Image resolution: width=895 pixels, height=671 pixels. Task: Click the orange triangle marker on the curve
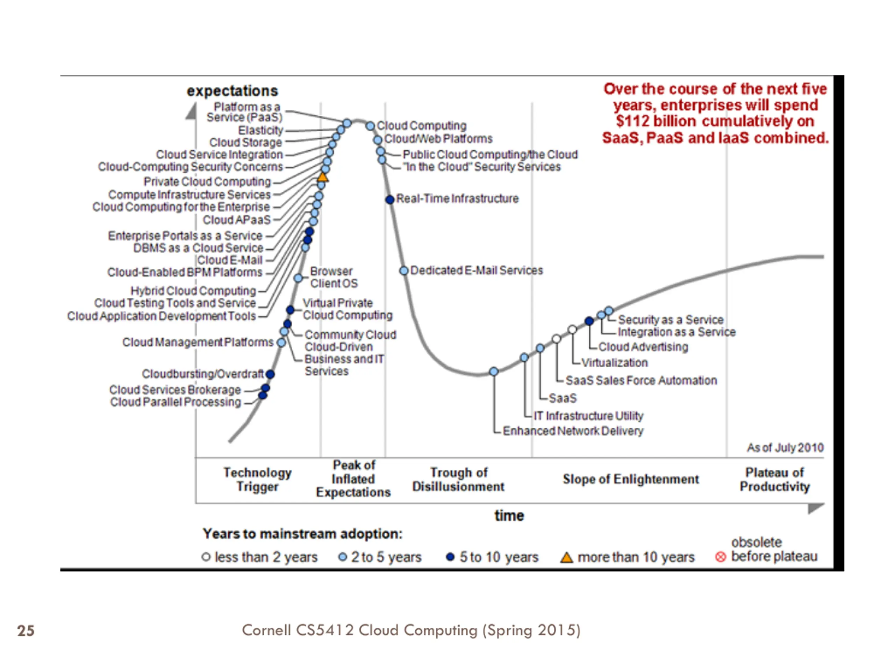322,177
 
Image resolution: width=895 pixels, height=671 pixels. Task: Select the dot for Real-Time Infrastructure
390,200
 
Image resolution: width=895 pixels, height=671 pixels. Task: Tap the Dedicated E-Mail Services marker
404,270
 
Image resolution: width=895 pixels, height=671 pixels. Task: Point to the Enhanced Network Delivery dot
494,371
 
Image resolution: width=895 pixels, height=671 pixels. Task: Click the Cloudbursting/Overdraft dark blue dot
270,374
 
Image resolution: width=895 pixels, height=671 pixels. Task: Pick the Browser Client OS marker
298,278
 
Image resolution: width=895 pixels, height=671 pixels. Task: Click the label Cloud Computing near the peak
421,126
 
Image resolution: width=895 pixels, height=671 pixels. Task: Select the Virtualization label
614,363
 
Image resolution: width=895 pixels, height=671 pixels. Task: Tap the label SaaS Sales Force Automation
641,381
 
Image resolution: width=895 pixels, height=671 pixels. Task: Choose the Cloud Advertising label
643,347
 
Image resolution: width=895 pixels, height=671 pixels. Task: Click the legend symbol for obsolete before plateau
720,557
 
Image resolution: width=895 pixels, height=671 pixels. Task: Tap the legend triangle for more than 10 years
566,557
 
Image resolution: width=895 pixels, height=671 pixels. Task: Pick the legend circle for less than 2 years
206,557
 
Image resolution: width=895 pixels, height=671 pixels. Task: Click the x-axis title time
509,516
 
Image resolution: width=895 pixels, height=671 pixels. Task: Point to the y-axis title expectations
232,91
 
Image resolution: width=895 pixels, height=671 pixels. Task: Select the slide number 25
26,630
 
